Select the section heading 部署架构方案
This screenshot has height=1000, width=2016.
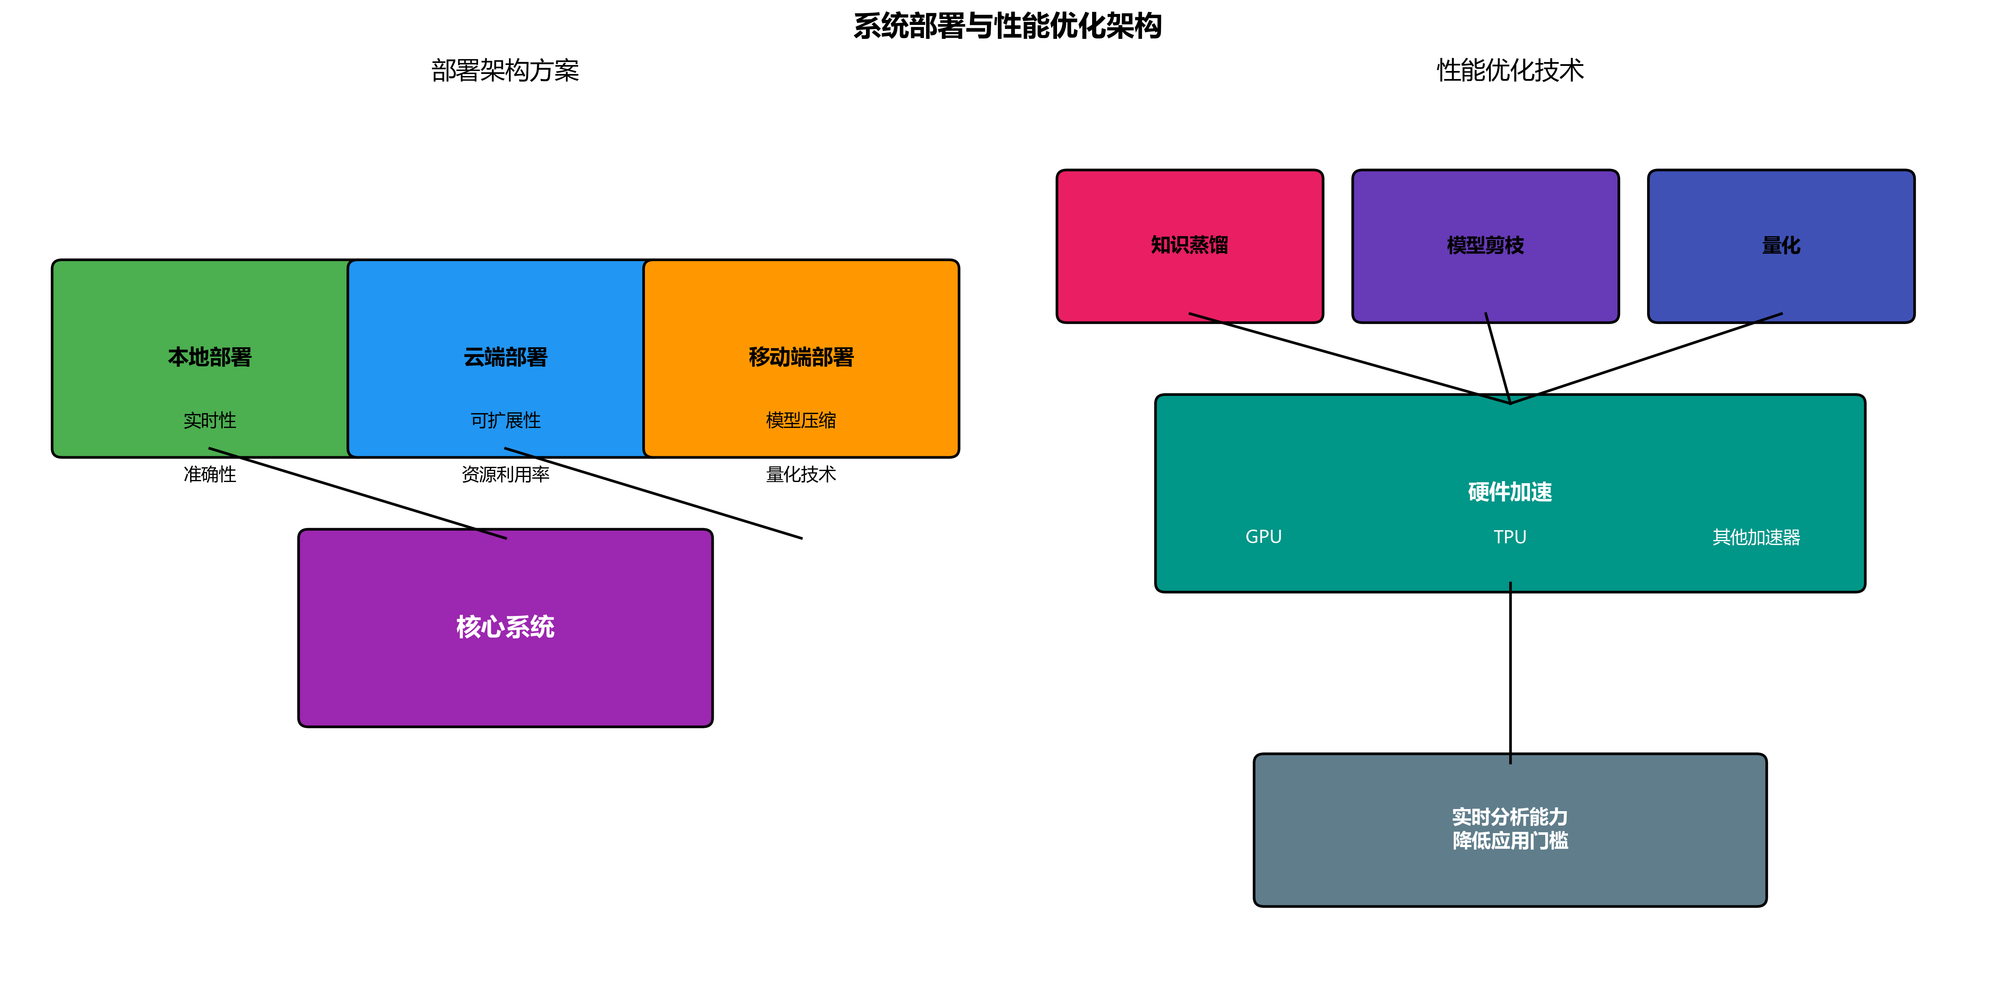pos(505,71)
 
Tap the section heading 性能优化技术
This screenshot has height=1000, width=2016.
pos(1510,71)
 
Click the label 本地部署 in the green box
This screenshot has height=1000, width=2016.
pos(210,357)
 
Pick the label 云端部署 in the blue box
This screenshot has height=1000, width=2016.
pos(505,357)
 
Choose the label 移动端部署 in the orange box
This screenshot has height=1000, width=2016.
pos(800,357)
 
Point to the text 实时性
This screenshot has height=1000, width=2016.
pos(210,420)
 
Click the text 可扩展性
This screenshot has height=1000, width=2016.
pos(505,420)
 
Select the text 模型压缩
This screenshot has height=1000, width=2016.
pos(800,420)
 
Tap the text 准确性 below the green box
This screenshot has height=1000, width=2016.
pos(210,474)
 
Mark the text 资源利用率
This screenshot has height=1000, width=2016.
pos(505,474)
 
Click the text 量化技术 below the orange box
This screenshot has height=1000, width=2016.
pos(800,474)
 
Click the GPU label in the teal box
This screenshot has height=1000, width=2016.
pos(1263,537)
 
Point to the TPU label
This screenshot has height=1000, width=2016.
pos(1510,537)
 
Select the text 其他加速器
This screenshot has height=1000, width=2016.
pos(1756,537)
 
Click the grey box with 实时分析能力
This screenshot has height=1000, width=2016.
pos(1510,829)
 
